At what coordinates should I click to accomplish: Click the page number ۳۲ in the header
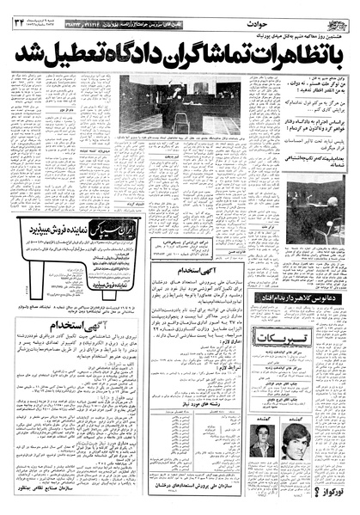coord(20,12)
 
